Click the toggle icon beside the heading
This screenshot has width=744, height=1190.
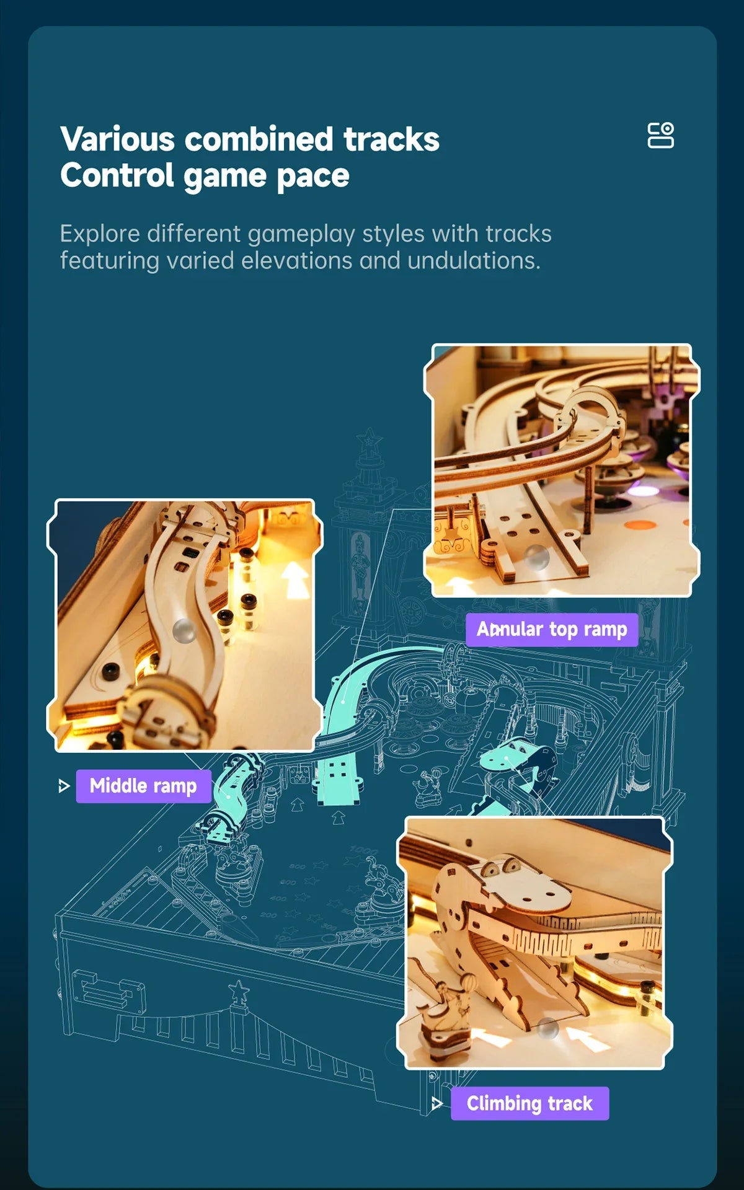point(660,135)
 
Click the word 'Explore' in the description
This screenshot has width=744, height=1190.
point(99,234)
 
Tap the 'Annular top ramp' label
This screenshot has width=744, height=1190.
point(552,630)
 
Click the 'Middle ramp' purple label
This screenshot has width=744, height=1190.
point(143,786)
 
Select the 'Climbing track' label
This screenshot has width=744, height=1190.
point(529,1103)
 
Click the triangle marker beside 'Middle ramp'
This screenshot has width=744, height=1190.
point(63,786)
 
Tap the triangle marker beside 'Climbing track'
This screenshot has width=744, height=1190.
point(437,1103)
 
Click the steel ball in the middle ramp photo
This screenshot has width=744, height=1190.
point(184,630)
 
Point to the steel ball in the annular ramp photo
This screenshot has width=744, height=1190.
point(537,556)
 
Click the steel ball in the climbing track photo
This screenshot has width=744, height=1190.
point(548,1029)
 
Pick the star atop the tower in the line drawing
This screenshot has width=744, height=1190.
point(370,439)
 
